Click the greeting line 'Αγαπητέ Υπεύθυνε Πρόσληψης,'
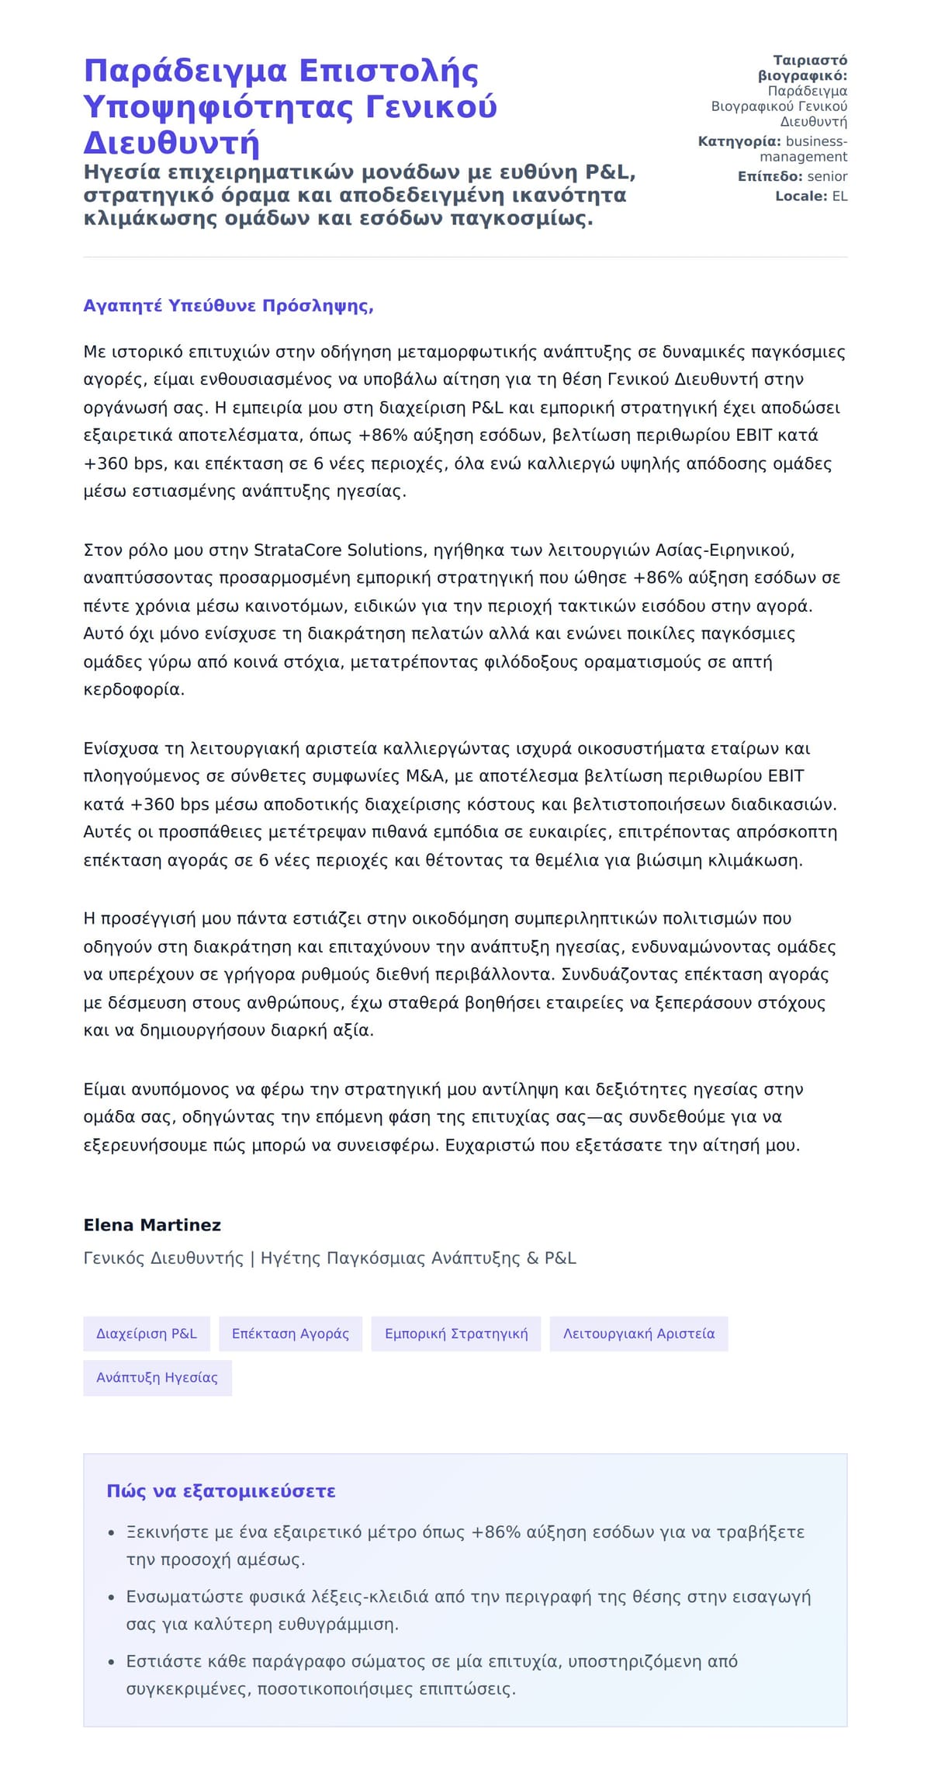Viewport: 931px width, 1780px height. tap(228, 306)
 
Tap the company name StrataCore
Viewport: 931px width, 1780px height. tap(298, 550)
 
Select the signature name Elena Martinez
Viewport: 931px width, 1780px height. tap(152, 1225)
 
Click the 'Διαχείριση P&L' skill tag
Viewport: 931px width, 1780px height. tap(147, 1334)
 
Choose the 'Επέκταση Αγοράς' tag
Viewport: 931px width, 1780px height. tap(290, 1334)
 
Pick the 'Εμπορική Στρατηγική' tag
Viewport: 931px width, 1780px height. tap(456, 1334)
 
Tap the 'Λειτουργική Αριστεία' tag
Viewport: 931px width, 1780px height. tap(639, 1334)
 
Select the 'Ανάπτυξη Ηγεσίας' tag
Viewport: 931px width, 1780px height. tap(157, 1378)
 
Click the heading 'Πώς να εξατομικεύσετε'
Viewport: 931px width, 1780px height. tap(221, 1491)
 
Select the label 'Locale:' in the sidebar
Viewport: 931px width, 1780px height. tap(801, 196)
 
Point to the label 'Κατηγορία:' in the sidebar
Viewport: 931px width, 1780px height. tap(739, 141)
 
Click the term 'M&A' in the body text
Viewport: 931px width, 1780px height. tap(425, 776)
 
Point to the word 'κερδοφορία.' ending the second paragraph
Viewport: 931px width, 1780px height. tap(134, 689)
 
